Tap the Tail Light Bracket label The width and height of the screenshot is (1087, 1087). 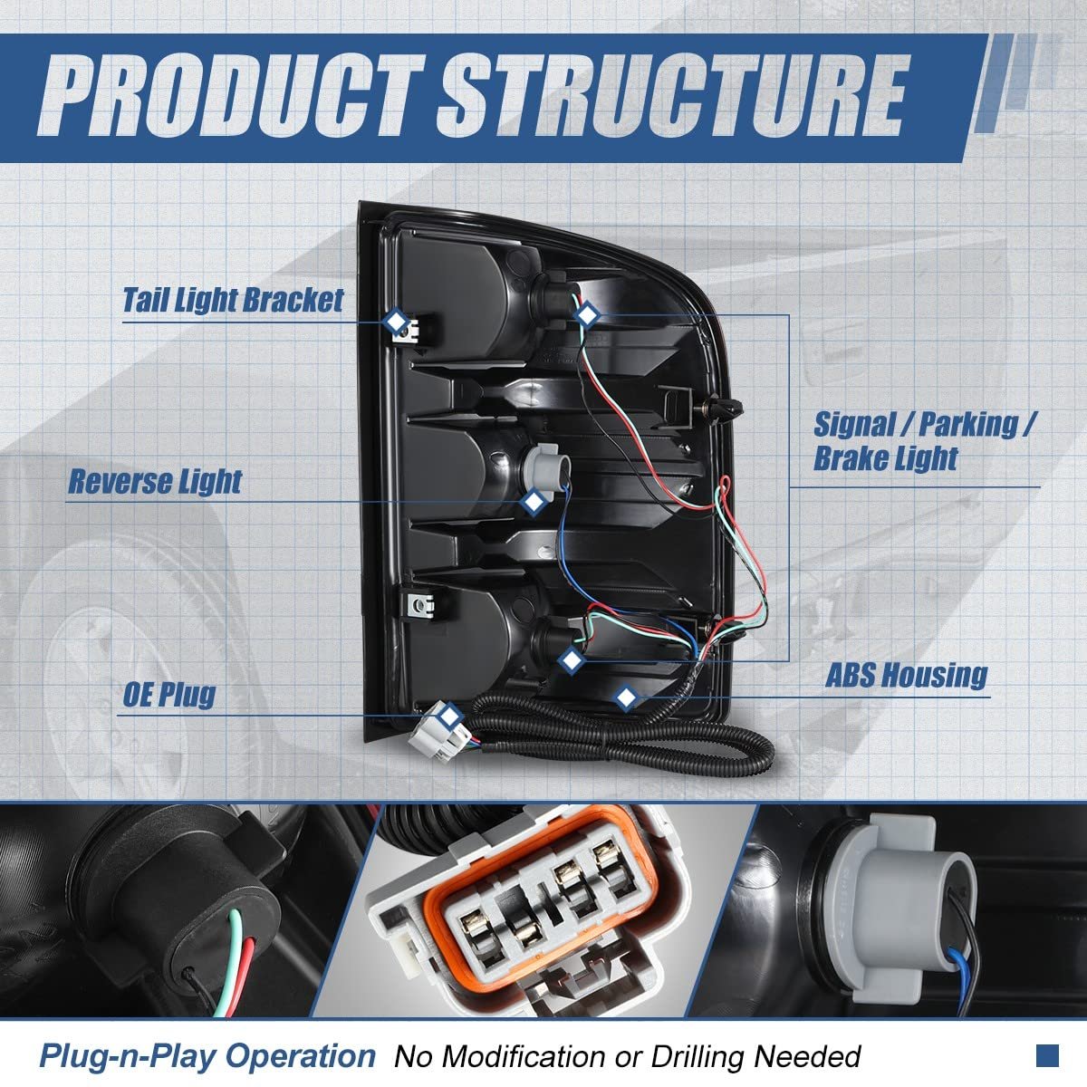point(233,300)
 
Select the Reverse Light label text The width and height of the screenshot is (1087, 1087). point(155,482)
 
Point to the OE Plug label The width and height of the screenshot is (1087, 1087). point(169,695)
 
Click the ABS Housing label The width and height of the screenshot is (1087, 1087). point(907,675)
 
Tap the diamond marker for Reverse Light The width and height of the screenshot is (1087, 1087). point(533,502)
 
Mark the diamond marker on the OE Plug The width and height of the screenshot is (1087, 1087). point(449,716)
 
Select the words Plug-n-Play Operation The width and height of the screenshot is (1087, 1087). point(207,1054)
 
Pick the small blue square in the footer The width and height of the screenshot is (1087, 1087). point(1047,1055)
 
